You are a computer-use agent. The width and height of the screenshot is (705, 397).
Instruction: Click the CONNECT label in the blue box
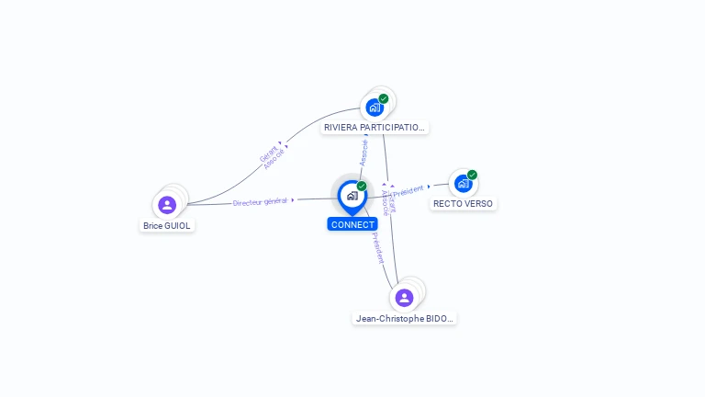point(352,224)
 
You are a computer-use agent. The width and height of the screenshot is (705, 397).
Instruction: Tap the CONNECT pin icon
point(352,196)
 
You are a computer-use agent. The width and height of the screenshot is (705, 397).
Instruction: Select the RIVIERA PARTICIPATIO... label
point(375,128)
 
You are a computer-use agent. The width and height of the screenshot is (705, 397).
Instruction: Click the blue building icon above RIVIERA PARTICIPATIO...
point(374,108)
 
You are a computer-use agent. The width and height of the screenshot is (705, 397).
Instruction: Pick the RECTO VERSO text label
point(463,204)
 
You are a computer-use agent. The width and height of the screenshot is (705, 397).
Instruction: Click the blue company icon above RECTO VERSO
point(463,184)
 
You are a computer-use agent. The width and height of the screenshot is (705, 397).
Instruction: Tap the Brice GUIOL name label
point(168,225)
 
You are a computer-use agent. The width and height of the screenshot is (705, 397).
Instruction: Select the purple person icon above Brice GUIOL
point(167,204)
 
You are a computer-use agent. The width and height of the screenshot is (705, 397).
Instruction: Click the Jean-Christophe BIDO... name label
point(404,319)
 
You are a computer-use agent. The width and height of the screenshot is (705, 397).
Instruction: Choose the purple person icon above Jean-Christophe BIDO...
point(404,298)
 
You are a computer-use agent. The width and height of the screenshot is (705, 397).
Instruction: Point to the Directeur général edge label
point(260,201)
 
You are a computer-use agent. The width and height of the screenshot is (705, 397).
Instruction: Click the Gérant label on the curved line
point(268,153)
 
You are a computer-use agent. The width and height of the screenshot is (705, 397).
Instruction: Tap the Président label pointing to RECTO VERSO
point(408,190)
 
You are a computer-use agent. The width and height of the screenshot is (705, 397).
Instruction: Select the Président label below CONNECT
point(377,247)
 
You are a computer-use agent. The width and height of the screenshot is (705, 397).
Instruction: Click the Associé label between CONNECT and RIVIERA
point(364,152)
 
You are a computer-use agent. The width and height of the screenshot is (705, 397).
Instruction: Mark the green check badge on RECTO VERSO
point(472,175)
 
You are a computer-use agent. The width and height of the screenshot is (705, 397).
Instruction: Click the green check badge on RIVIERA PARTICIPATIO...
point(383,98)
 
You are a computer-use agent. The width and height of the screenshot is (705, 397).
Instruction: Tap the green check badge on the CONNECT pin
point(362,187)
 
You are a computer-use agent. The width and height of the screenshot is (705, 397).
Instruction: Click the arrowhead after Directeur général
point(293,199)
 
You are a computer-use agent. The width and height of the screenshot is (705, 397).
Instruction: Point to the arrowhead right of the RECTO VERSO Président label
point(429,186)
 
